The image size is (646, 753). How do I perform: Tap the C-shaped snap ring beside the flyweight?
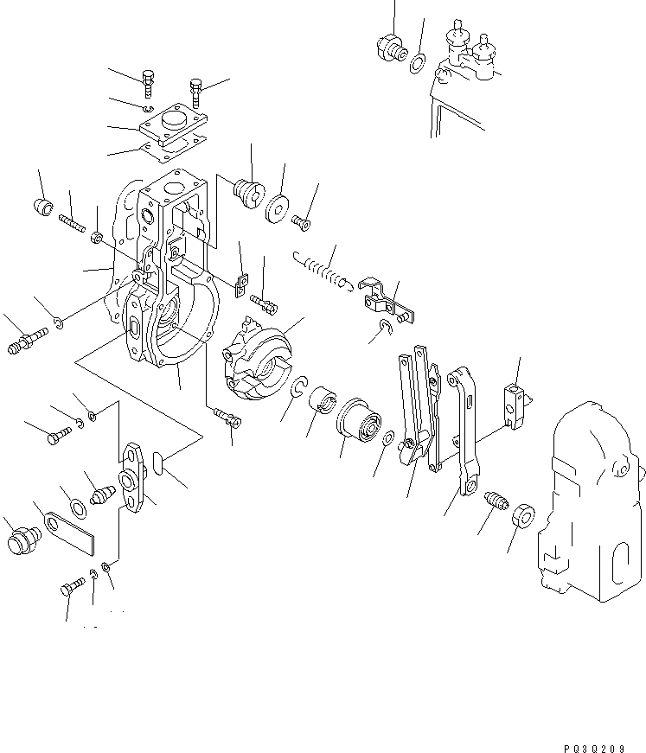coord(298,390)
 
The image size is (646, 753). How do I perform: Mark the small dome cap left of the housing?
coord(43,207)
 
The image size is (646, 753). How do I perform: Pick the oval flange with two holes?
coord(136,478)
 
